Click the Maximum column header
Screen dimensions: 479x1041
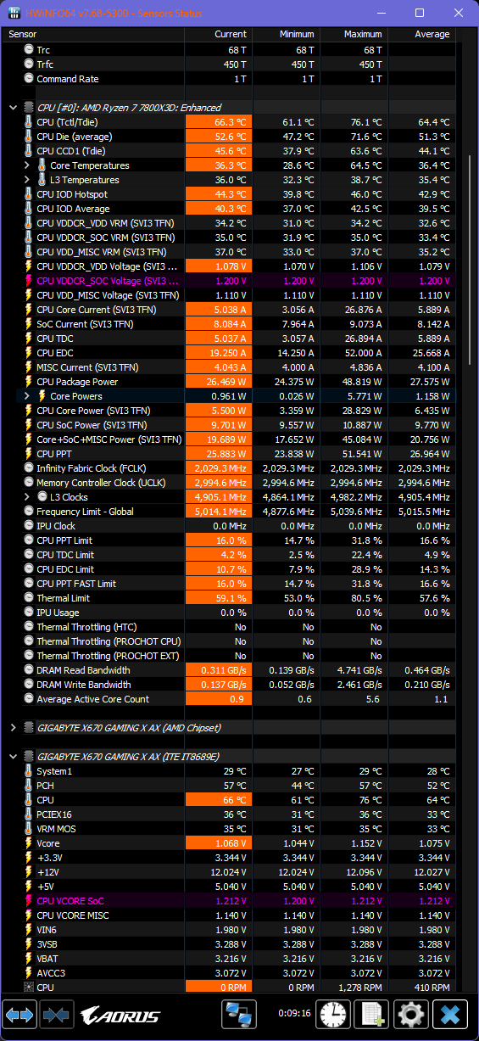tap(362, 34)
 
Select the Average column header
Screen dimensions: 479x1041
tap(432, 34)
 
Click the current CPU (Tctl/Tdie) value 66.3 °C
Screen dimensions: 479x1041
tap(230, 122)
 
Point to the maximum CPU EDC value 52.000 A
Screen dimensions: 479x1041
tap(363, 353)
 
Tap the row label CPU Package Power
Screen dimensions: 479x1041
tap(77, 382)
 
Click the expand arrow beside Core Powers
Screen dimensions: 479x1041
tap(26, 396)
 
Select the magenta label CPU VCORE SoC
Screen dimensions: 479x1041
tap(70, 901)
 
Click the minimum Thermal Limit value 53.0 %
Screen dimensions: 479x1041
tap(298, 598)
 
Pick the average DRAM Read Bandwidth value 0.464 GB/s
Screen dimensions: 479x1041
tap(427, 670)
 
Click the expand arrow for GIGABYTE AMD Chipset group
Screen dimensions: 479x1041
tap(13, 728)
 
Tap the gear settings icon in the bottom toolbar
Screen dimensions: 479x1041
tap(410, 1014)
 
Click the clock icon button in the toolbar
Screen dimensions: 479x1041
tap(332, 1014)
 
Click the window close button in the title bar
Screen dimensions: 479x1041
tap(458, 13)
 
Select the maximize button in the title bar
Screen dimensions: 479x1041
tap(420, 13)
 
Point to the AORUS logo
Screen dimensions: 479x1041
tap(120, 1016)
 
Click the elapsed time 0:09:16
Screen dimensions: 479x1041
tap(294, 1013)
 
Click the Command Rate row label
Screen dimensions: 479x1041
tap(67, 79)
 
